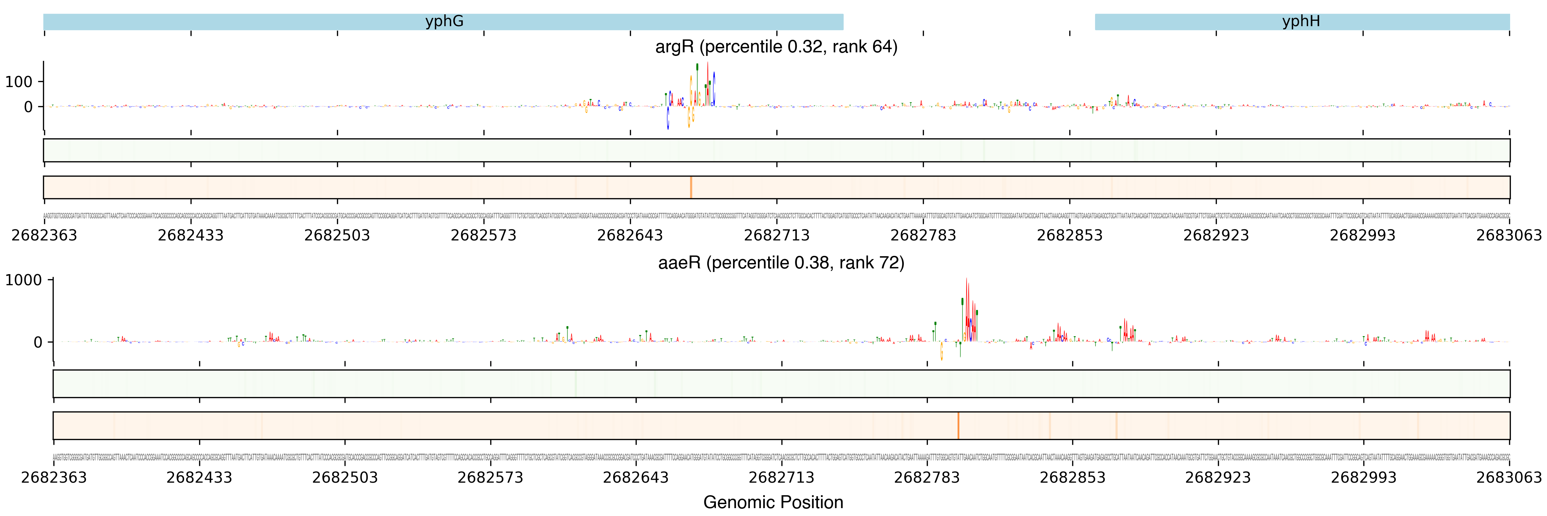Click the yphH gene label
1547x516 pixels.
click(1301, 21)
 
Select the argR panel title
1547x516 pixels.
click(776, 47)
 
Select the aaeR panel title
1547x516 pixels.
click(781, 263)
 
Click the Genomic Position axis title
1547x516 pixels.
click(773, 502)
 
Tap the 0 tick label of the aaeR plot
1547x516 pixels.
click(38, 343)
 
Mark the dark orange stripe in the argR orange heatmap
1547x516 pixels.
click(691, 187)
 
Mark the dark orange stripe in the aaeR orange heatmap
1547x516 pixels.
click(958, 426)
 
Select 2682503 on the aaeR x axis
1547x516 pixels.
click(345, 478)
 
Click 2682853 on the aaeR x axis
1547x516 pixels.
click(1072, 478)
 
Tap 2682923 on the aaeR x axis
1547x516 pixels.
click(1217, 478)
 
